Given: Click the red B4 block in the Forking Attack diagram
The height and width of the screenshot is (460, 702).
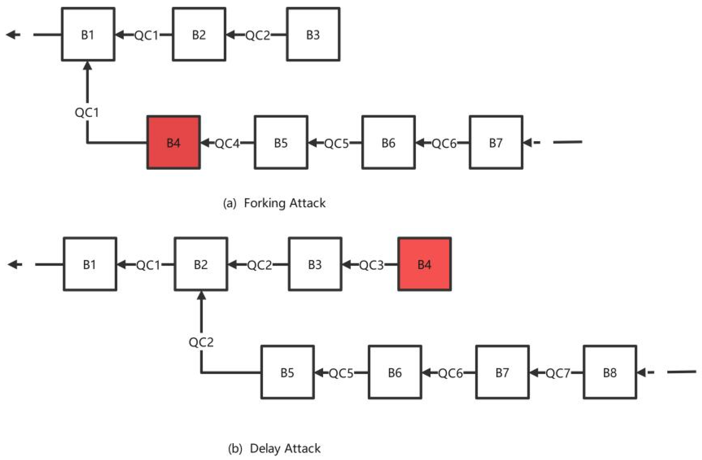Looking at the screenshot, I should coord(174,142).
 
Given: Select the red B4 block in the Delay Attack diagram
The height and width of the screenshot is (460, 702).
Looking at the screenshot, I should coord(424,264).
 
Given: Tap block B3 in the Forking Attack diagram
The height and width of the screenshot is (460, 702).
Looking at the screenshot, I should coord(313,34).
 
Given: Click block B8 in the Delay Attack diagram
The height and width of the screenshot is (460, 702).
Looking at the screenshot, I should coord(610,372).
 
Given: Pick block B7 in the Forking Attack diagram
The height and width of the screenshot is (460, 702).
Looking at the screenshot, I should coord(496,142).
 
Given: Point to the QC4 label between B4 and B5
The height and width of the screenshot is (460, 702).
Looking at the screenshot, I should coord(227,143).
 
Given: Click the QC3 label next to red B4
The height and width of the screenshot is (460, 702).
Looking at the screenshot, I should coord(371,265).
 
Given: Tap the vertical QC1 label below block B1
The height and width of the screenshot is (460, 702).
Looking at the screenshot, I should coord(87,112).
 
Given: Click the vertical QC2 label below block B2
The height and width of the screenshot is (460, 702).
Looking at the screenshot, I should coord(201,342).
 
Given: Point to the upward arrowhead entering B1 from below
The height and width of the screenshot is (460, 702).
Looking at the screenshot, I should coord(87,66).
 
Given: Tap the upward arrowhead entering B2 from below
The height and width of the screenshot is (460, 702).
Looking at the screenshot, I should coord(201,296).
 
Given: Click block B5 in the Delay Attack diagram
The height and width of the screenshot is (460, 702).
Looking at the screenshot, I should coord(287,372).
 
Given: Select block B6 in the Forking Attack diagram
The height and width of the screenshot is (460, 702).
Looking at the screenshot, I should coord(388,142).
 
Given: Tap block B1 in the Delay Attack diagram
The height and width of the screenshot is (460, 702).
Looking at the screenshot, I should coord(90,264).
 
